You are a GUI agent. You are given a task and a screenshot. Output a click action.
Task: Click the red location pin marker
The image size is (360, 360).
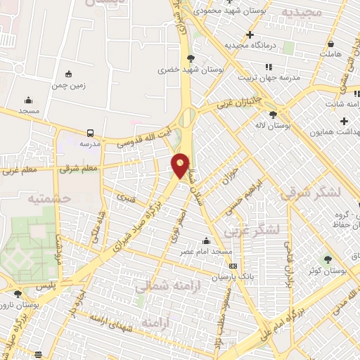(181, 165)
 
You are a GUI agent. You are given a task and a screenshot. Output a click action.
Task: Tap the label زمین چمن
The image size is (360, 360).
(67, 85)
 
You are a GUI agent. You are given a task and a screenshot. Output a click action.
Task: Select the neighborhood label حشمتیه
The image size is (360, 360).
(50, 198)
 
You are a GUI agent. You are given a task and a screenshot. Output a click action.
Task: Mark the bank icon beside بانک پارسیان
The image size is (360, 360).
(233, 266)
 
